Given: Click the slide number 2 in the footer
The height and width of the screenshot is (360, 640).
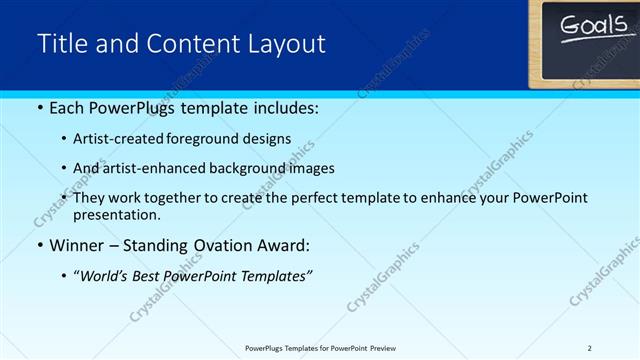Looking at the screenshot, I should (x=589, y=348).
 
